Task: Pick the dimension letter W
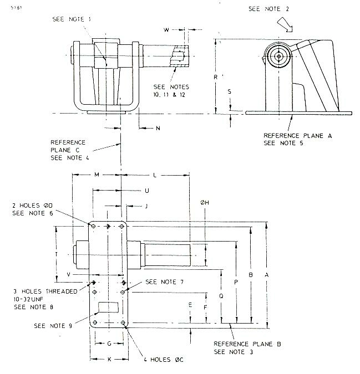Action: pyautogui.click(x=166, y=29)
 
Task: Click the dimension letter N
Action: pyautogui.click(x=158, y=128)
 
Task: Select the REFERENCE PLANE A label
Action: pyautogui.click(x=291, y=135)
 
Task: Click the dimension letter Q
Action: pyautogui.click(x=221, y=296)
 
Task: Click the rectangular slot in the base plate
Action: pyautogui.click(x=107, y=306)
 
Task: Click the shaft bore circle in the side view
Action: pyautogui.click(x=277, y=56)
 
